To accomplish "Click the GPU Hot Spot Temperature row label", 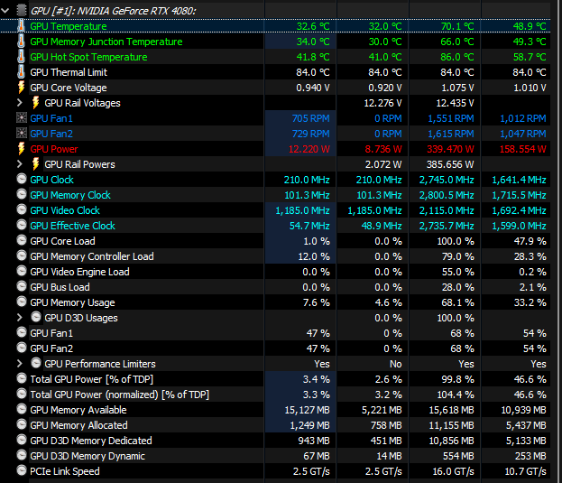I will [88, 57].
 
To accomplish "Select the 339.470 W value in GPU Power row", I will [449, 149].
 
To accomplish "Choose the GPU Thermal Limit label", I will [69, 72].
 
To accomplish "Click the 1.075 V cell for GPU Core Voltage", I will [457, 88].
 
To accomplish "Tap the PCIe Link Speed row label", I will [65, 471].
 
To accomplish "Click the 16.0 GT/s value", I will [451, 471].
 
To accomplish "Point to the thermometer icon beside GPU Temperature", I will [22, 26].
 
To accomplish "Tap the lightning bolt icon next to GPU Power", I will [22, 149].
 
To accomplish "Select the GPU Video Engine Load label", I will [79, 272].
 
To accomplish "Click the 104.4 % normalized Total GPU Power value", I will [455, 395].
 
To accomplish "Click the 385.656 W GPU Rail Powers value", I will [448, 164].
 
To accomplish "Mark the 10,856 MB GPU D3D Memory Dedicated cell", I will [449, 441].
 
